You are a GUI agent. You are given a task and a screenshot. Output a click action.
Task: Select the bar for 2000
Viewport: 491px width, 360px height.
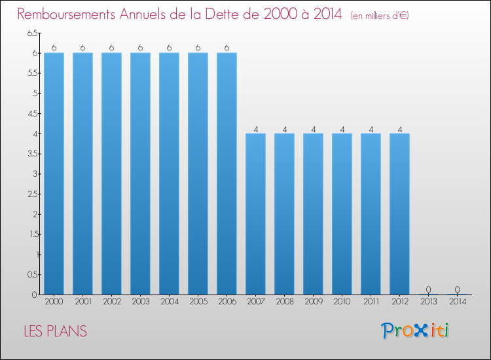[x=54, y=173]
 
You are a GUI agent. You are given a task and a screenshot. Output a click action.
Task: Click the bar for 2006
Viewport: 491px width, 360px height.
[x=227, y=173]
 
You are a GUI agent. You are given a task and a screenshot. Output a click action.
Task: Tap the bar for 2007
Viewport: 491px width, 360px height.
[x=255, y=214]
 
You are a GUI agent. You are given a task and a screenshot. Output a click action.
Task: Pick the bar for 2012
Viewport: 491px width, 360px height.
[x=399, y=214]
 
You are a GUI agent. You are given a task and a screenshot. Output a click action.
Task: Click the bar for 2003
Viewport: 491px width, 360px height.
[x=140, y=173]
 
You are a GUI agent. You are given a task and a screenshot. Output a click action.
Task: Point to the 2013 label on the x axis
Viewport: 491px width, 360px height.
[x=428, y=302]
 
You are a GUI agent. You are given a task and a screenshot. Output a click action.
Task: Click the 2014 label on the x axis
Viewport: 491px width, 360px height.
[x=458, y=302]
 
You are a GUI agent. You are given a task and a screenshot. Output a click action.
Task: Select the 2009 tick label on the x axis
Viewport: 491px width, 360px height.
[x=314, y=302]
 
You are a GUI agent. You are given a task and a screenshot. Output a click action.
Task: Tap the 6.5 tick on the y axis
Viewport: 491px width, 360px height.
[x=32, y=33]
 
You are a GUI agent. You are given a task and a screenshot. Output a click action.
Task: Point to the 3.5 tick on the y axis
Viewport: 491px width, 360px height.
[x=32, y=154]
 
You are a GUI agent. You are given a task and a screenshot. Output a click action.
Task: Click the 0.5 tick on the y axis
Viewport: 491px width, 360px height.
[x=32, y=274]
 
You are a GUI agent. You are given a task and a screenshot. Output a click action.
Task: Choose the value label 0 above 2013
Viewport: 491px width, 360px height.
[x=428, y=289]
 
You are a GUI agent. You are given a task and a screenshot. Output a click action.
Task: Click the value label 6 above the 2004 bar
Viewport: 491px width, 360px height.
[x=169, y=48]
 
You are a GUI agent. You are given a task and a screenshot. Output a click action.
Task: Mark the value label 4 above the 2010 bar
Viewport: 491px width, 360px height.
[x=342, y=130]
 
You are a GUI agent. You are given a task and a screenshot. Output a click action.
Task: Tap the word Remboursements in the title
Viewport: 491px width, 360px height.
[x=66, y=14]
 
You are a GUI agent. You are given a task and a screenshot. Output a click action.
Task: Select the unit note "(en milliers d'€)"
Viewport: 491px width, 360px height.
[x=380, y=16]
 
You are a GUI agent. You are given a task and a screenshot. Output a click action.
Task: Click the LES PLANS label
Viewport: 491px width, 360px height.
[x=56, y=331]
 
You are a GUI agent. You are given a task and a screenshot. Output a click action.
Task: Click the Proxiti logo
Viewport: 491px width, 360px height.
[x=415, y=331]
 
